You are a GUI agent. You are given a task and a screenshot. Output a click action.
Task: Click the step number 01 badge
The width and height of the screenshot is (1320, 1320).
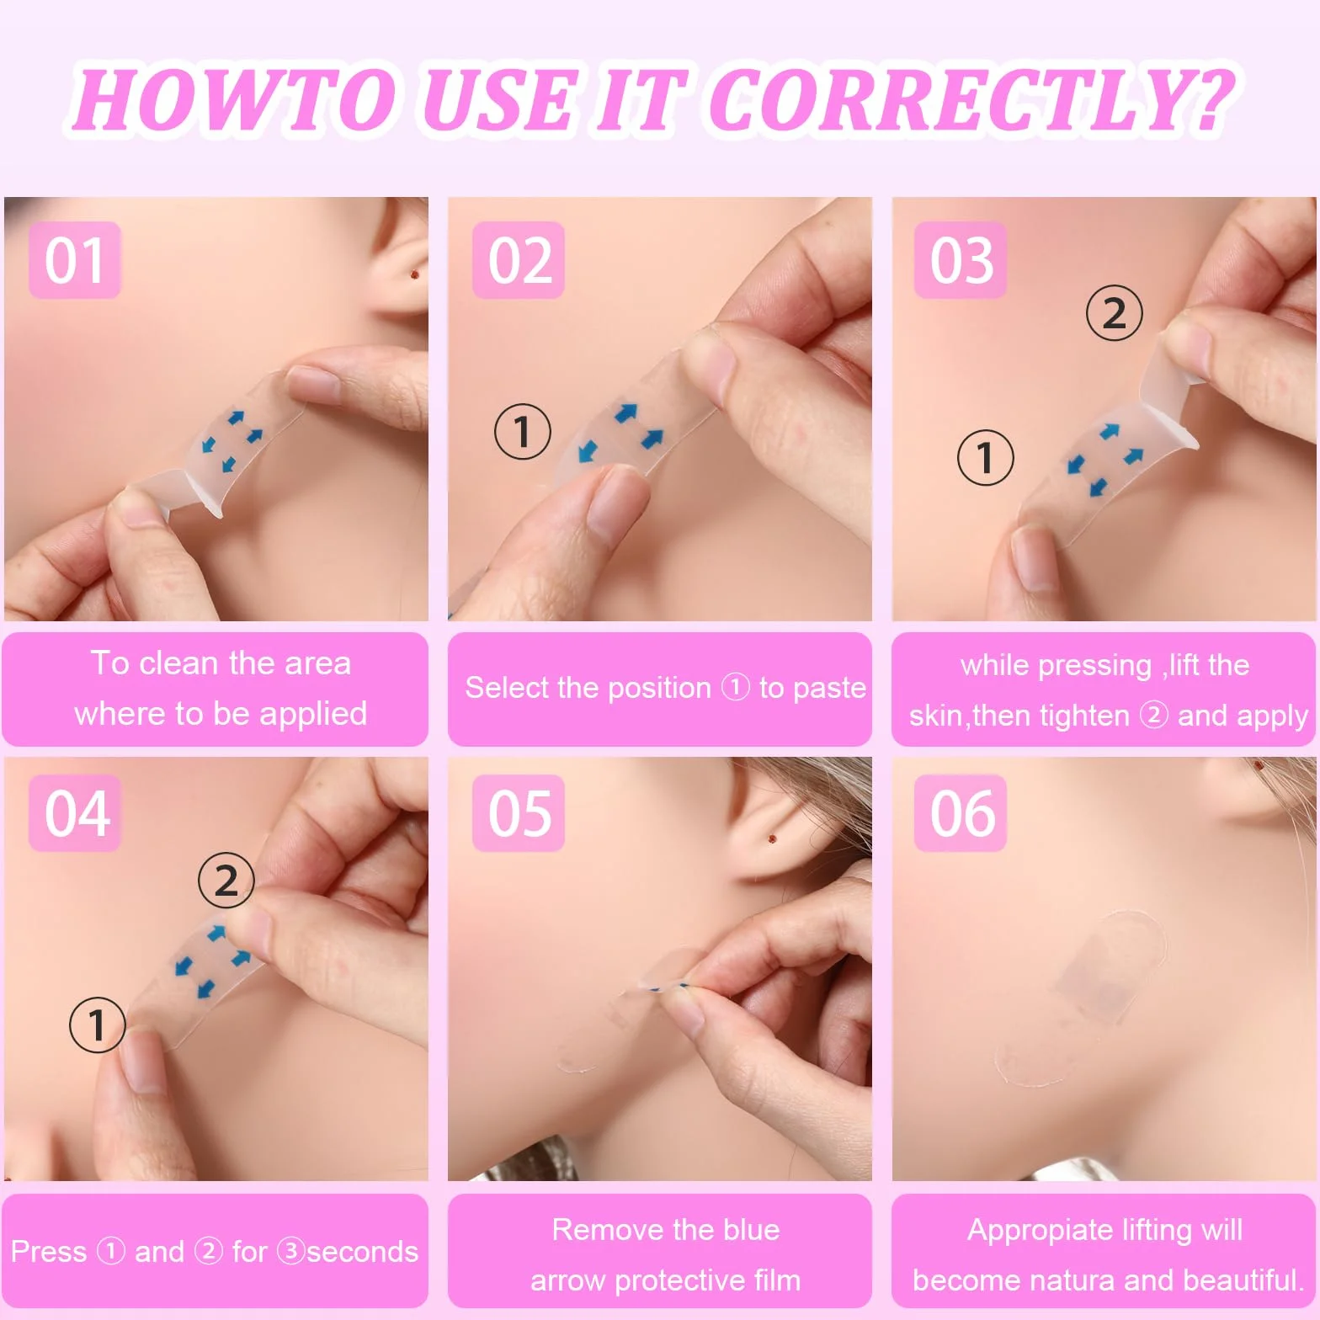(x=75, y=260)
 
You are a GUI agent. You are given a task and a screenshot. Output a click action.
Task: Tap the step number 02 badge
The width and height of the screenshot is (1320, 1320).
(x=519, y=260)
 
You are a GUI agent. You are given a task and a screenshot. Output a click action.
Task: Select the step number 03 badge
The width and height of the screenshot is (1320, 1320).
(x=961, y=260)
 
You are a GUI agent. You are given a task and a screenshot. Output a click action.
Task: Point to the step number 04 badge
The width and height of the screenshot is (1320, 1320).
(x=75, y=813)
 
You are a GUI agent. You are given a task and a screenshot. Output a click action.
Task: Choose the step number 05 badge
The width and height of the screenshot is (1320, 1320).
(x=519, y=813)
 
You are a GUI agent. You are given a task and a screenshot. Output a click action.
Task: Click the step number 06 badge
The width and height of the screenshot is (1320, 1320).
(x=961, y=813)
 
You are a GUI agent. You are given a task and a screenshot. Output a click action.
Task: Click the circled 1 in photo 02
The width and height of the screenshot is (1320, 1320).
(x=523, y=431)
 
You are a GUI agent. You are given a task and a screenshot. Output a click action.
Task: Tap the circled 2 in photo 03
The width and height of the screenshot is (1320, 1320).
(x=1114, y=313)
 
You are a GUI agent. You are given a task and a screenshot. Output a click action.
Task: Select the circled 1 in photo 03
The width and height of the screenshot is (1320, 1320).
(x=986, y=457)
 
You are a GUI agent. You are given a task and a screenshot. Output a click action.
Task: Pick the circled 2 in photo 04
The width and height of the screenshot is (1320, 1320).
(x=226, y=881)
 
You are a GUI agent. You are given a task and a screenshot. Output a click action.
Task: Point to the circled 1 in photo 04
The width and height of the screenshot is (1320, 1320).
(x=98, y=1025)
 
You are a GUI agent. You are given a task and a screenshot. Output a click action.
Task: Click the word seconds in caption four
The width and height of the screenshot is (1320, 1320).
(x=362, y=1252)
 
